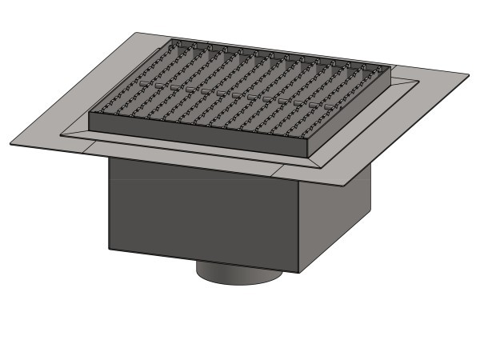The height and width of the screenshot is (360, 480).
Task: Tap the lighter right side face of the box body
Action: coord(336,216)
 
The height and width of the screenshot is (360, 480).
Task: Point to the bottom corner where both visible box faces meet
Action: coord(299,273)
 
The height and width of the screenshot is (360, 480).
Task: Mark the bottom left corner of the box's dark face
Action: coord(109,249)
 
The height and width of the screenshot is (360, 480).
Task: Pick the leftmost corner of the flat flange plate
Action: coord(10,145)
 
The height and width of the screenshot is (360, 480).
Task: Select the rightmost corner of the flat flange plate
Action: coord(470,75)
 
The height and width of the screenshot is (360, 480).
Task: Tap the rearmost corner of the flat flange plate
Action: coord(136,33)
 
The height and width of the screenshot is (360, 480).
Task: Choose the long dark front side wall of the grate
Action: coord(200,132)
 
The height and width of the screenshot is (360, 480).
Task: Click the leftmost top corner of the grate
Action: coord(89,112)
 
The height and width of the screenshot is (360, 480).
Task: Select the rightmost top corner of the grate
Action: coord(391,66)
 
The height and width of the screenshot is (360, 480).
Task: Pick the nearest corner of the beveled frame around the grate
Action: coord(323,167)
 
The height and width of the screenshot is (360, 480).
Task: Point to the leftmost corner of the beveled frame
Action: coord(61,135)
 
